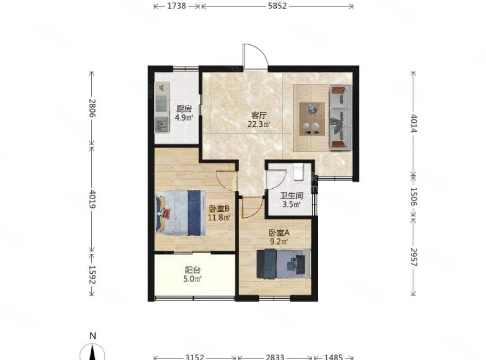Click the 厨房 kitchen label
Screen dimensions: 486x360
184,109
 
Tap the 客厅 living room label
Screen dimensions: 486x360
259,116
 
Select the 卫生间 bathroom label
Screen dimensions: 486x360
292,195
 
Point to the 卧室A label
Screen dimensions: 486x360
279,233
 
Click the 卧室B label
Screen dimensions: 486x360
219,209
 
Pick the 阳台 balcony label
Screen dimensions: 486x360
192,270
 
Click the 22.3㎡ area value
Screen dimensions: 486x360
259,124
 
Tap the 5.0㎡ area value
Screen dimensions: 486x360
192,279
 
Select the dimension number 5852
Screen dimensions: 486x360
277,6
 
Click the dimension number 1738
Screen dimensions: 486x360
177,6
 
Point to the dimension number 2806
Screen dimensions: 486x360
92,108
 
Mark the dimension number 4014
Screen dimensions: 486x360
414,123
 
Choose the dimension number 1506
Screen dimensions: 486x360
414,197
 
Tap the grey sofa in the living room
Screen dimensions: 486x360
340,118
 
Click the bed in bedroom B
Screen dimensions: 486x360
181,213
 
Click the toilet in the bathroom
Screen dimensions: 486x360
298,172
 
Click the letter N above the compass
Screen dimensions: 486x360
92,336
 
